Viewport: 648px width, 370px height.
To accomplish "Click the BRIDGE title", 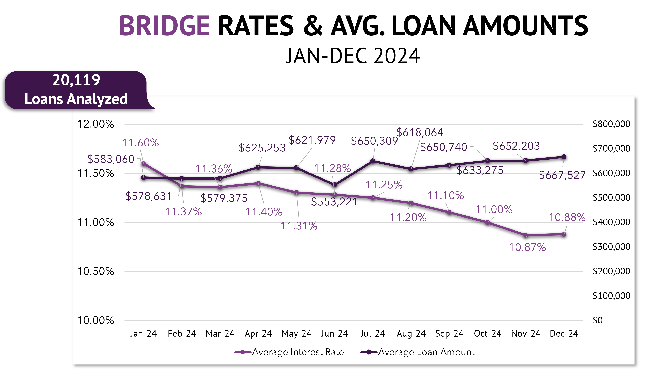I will tap(164, 26).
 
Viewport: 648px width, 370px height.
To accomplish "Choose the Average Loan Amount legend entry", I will tap(418, 352).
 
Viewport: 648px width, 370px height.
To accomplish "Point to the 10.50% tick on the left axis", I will tap(96, 271).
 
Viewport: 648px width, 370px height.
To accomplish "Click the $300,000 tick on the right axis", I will tap(611, 246).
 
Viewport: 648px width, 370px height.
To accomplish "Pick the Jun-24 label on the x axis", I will tap(334, 333).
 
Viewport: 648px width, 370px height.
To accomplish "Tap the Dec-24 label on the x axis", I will tap(564, 333).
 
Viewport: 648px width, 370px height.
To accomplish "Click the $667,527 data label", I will tap(562, 175).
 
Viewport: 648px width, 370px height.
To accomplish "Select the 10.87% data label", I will tap(527, 247).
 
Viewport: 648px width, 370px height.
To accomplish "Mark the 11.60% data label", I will tap(140, 143).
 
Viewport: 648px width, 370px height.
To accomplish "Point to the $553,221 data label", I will tap(334, 202).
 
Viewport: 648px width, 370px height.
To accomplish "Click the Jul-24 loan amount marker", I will tap(373, 161).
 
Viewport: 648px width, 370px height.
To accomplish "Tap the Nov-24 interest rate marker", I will tap(526, 235).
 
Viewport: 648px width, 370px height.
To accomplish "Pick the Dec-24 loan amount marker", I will tap(564, 157).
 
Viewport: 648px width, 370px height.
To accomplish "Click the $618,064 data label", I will tap(420, 132).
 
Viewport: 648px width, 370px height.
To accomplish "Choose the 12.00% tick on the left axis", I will tap(96, 124).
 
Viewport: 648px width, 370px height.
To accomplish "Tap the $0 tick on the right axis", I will tap(598, 320).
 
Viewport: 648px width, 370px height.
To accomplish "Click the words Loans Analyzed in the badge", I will tap(76, 99).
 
